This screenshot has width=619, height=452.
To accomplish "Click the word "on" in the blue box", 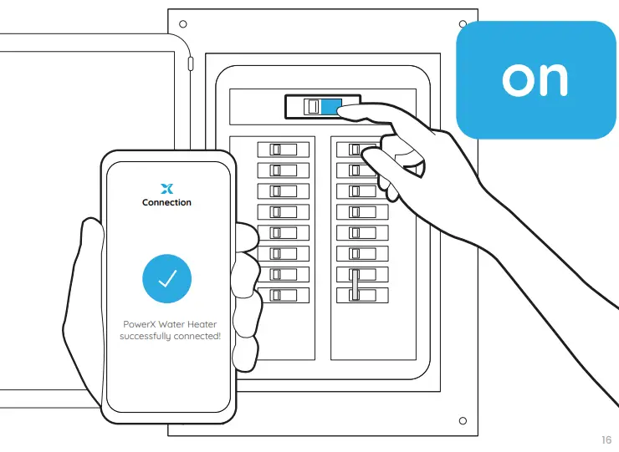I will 535,79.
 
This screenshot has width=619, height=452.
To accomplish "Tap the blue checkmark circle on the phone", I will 166,278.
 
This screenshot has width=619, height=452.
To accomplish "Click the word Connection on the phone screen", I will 166,202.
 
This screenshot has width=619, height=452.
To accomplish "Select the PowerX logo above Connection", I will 166,188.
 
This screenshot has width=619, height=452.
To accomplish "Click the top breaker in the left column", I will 283,150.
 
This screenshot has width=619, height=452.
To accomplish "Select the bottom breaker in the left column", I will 283,295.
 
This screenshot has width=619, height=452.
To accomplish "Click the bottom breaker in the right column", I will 361,295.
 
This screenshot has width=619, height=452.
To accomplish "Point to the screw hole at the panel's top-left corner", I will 183,23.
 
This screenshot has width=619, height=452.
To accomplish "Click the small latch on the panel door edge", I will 191,63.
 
